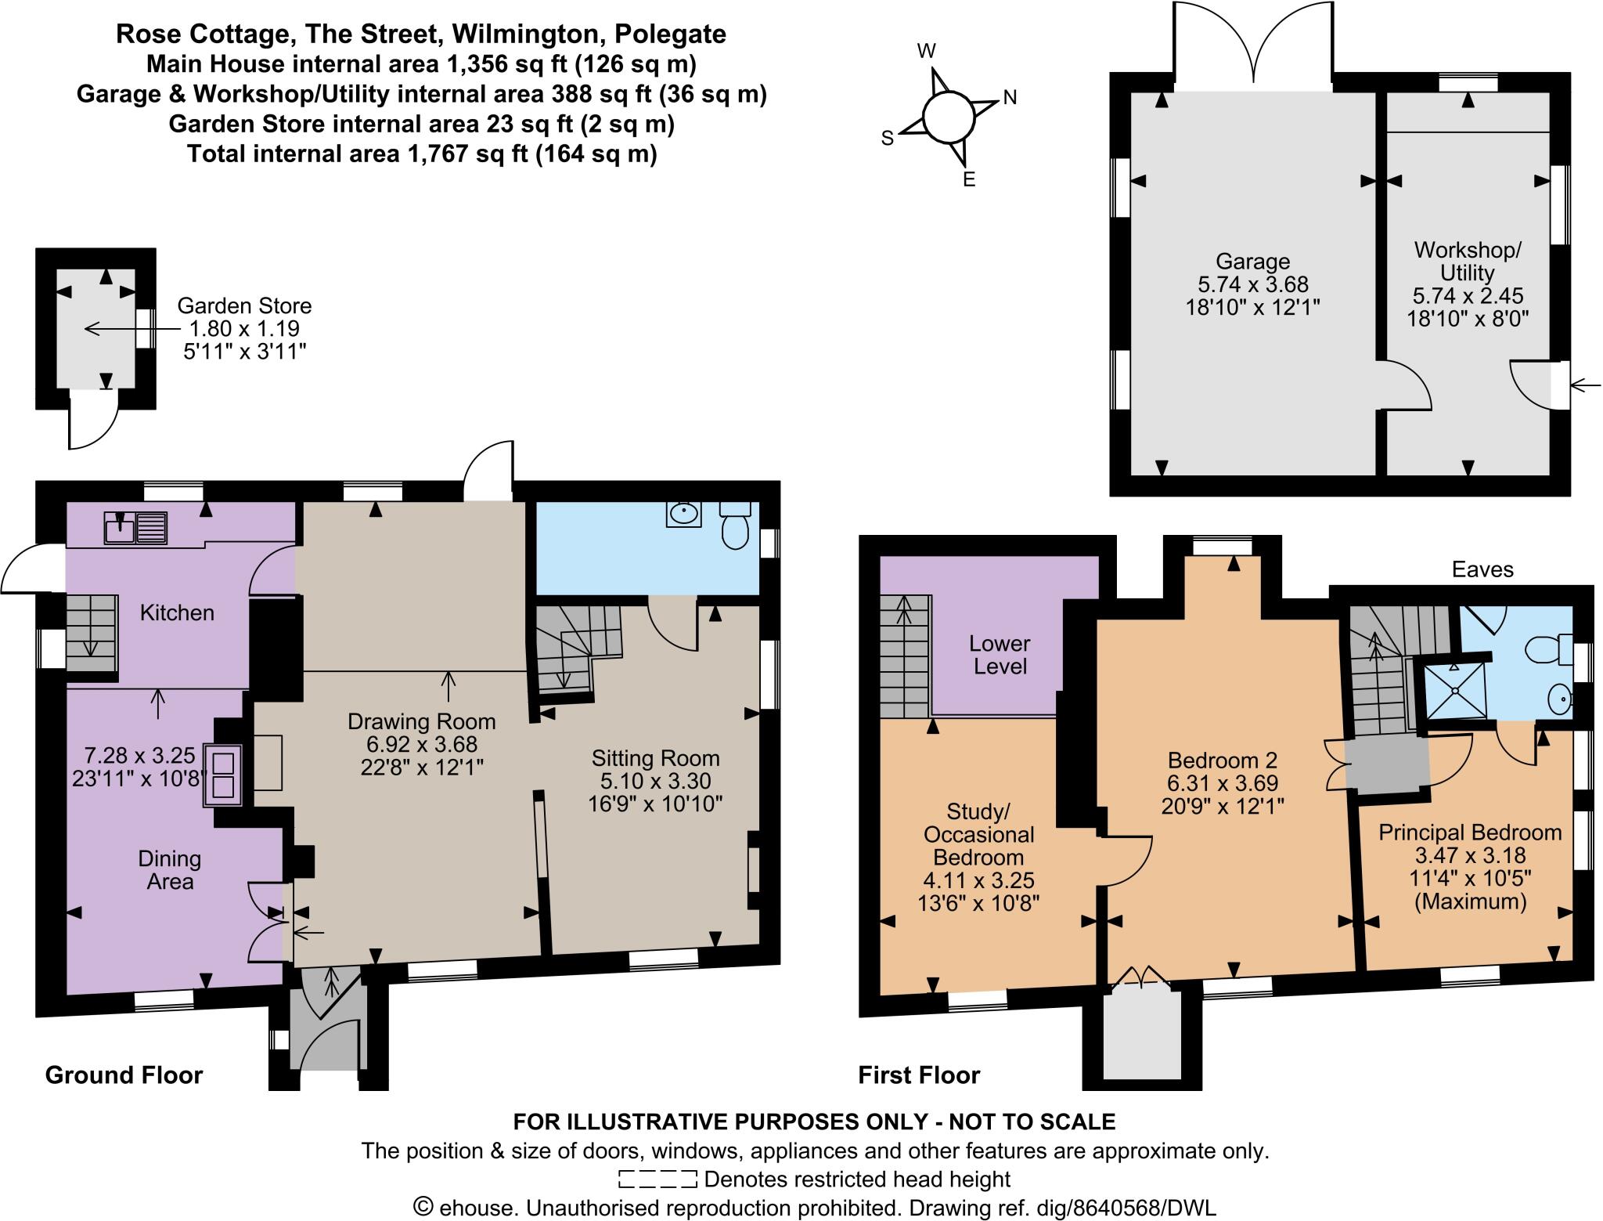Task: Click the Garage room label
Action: point(1252,262)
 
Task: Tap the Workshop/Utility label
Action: point(1468,262)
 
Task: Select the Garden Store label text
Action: point(244,306)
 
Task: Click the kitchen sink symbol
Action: point(135,527)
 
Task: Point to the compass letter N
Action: point(1010,98)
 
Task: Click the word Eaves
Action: point(1482,569)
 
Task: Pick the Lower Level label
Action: point(1000,655)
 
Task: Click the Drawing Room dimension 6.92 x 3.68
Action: point(422,744)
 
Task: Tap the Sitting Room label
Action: point(655,758)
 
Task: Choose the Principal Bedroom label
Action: point(1470,833)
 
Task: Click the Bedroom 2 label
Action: point(1222,760)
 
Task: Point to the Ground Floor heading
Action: point(124,1075)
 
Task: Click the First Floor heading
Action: point(919,1075)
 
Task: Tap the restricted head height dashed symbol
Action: point(657,1179)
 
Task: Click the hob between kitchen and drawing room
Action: point(223,774)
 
